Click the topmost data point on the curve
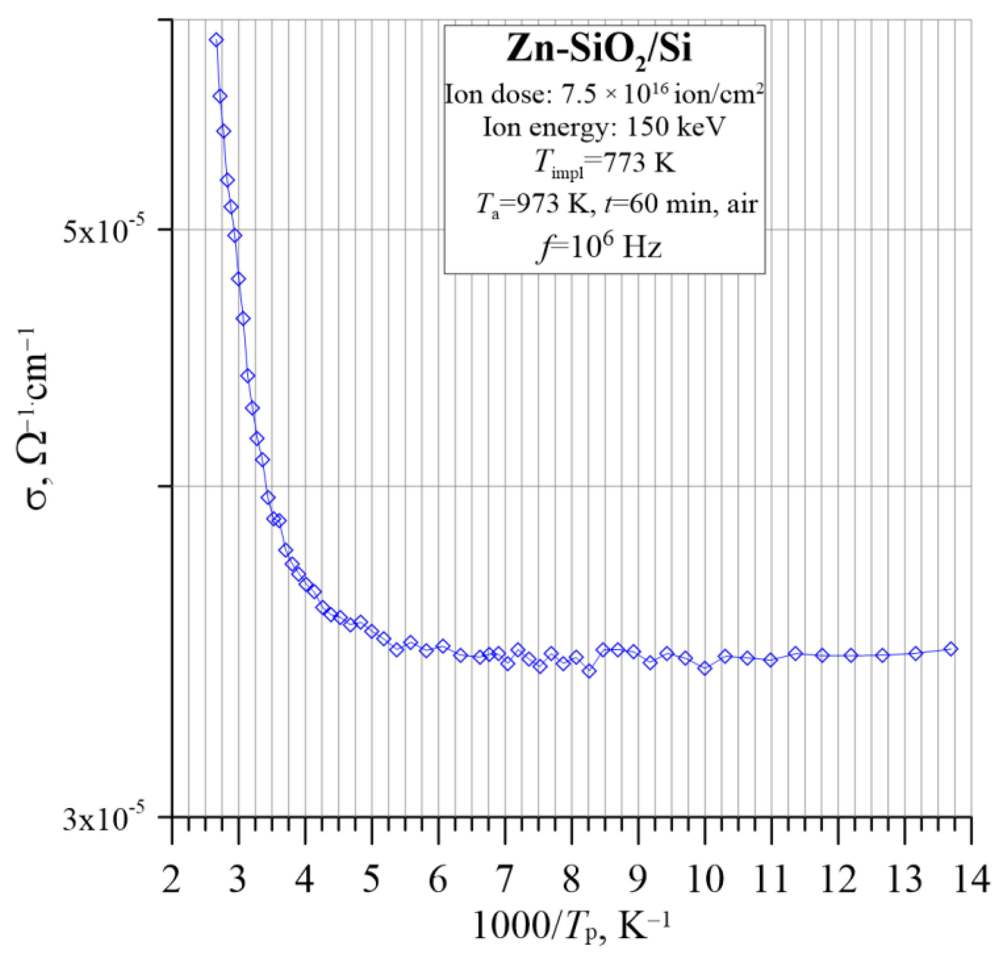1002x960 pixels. click(x=216, y=40)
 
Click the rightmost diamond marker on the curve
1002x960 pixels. click(x=950, y=649)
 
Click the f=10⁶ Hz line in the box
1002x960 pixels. click(x=599, y=247)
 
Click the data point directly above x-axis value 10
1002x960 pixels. click(x=705, y=668)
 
